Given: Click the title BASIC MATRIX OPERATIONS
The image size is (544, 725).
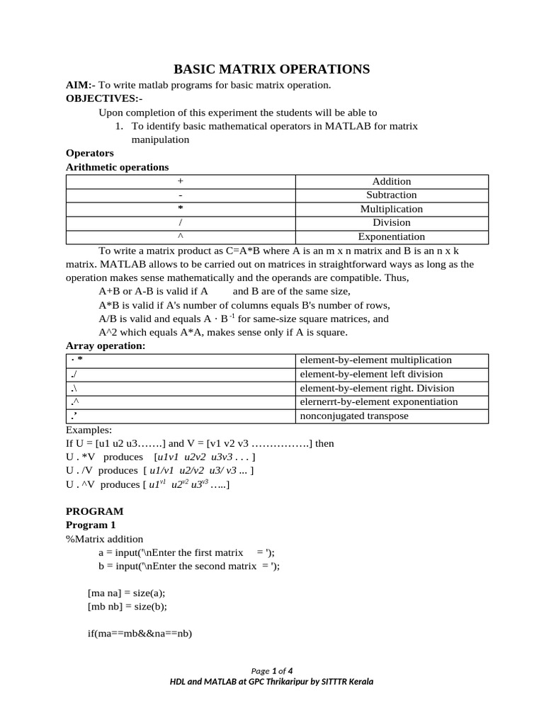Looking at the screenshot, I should tap(272, 69).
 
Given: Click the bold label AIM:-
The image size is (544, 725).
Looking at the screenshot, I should tap(81, 85).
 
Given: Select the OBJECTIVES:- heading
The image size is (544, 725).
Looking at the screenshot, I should tap(104, 98).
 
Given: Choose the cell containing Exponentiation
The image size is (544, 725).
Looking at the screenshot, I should tap(391, 236).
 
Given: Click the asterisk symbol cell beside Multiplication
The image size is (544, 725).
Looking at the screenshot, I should tap(181, 209).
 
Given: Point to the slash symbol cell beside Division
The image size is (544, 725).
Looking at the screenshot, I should tap(181, 222).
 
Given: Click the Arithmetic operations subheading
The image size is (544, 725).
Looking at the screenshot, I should tap(117, 167).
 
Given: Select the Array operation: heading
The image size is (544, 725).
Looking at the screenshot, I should tap(106, 346).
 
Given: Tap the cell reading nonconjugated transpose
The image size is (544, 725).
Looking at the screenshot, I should tap(354, 416).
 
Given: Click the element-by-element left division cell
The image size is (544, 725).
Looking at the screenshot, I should tap(371, 374).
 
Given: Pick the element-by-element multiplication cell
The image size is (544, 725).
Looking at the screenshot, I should tap(375, 360).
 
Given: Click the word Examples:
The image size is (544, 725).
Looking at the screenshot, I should tap(89, 430).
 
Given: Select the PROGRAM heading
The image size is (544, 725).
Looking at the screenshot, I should tap(94, 511).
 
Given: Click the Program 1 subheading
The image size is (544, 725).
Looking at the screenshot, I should tap(90, 525).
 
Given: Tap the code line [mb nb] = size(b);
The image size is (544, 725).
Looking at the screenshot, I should tap(127, 606).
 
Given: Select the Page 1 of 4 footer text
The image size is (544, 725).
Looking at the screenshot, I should tap(272, 670).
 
